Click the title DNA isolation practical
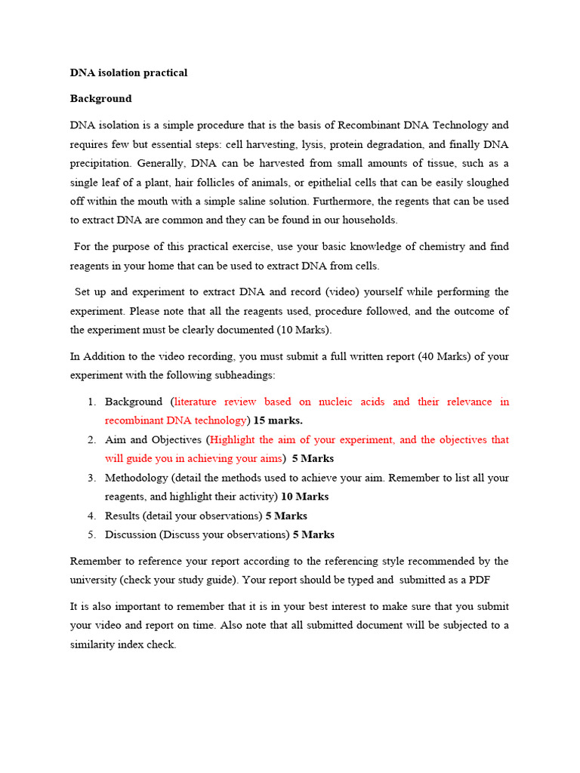pos(128,73)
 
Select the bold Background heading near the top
pos(100,99)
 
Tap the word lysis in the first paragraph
pos(312,144)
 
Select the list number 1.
pos(91,402)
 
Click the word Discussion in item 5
pos(130,535)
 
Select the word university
pos(97,581)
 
